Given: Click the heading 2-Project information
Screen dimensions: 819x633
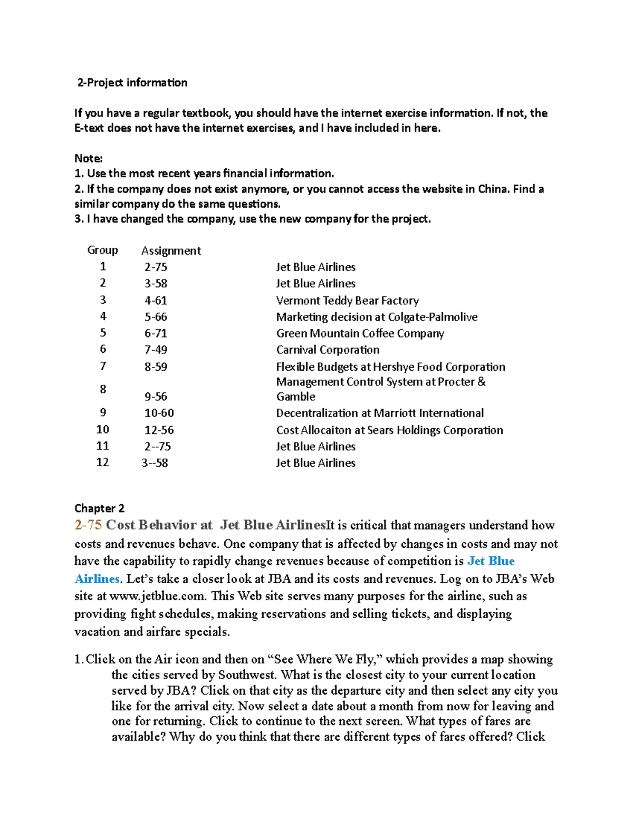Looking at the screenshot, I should pos(132,83).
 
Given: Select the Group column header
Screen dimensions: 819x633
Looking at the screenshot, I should pos(102,250).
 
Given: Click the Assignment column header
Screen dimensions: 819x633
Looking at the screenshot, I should pos(171,250).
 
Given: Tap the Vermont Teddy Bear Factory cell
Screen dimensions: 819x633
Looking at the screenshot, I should pos(347,301).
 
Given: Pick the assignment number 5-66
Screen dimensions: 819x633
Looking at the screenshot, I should pos(156,317).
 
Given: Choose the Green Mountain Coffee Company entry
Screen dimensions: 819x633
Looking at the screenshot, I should pos(360,333).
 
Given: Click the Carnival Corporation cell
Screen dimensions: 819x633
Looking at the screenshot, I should pos(328,350).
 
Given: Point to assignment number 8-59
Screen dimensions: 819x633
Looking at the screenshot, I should pos(156,367).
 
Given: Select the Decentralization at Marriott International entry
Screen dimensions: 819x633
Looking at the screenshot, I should pos(380,413).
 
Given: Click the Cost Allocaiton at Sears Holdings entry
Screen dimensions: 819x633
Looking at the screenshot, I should pos(389,430).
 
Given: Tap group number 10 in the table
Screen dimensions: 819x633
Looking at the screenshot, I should pos(102,429).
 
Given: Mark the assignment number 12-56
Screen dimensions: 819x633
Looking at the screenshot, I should pos(159,430).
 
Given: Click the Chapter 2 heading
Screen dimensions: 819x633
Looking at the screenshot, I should pos(99,508).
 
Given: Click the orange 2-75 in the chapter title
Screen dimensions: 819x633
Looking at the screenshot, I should pos(88,525).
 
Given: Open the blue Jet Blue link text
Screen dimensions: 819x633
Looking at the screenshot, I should pos(491,561).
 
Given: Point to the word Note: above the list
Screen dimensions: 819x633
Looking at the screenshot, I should pos(88,158).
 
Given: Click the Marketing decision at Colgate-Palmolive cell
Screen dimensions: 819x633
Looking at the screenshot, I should pos(377,317).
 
